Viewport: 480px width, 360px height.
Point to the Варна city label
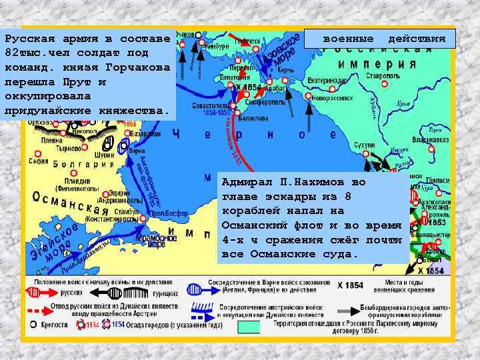tap(136, 151)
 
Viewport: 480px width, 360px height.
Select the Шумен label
tap(105, 155)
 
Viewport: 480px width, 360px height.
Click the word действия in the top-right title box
tap(417, 39)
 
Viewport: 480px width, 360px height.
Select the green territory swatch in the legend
tap(249, 327)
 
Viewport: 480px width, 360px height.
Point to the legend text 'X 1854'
tap(350, 285)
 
